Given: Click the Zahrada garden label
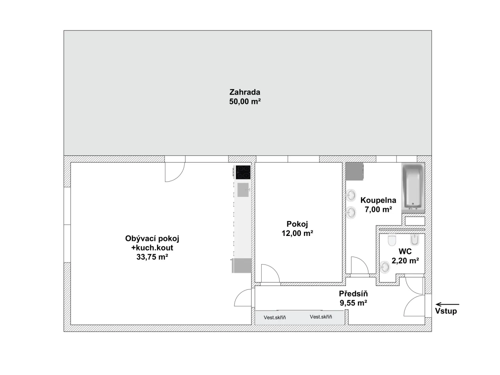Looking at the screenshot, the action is [245, 92].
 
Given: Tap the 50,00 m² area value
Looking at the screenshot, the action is [245, 102].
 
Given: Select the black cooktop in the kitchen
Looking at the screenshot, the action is [243, 172].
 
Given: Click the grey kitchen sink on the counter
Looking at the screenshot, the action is [243, 190].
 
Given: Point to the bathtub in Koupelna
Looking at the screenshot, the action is [413, 187].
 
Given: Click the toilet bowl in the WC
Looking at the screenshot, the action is [392, 240].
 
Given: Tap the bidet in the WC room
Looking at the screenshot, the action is [415, 240].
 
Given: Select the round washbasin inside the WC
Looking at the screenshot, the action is [385, 267].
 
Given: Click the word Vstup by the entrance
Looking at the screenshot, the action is [446, 311].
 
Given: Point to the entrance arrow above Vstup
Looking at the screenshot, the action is [447, 304].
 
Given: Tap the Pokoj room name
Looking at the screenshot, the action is [297, 224].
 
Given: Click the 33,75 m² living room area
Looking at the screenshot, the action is [152, 257].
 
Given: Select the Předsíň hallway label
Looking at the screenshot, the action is [353, 293].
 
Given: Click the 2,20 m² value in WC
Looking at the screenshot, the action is [405, 261].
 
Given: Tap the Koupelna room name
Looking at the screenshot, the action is [378, 200].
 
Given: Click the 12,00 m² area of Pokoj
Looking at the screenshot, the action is [297, 233].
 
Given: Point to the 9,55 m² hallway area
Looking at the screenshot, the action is [353, 303].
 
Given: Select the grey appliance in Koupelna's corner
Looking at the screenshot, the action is [354, 171].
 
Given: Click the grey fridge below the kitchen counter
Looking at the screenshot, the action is [242, 266].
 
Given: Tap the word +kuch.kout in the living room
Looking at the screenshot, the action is [152, 248].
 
